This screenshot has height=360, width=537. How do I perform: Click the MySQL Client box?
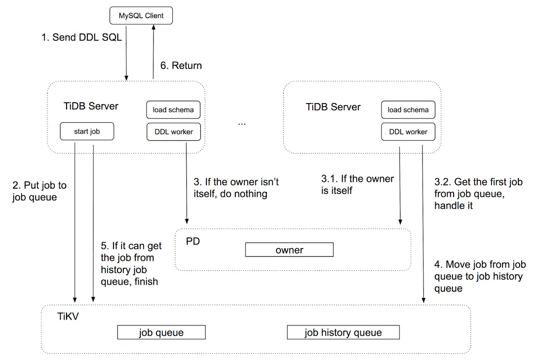pyautogui.click(x=141, y=16)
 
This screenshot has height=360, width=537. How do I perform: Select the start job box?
pyautogui.click(x=87, y=132)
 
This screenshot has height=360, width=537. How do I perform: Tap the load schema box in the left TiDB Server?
pyautogui.click(x=173, y=110)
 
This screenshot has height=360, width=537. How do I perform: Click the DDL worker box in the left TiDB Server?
pyautogui.click(x=173, y=132)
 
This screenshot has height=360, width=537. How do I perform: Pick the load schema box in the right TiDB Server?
pyautogui.click(x=408, y=110)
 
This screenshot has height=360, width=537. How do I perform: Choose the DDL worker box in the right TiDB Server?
pyautogui.click(x=408, y=132)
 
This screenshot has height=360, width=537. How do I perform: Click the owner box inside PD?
pyautogui.click(x=289, y=250)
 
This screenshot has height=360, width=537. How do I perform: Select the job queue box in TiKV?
pyautogui.click(x=161, y=332)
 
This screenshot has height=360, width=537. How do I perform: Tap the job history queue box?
pyautogui.click(x=343, y=332)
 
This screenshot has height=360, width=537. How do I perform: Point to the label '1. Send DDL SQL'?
pyautogui.click(x=81, y=37)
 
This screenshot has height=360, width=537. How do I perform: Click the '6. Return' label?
pyautogui.click(x=181, y=66)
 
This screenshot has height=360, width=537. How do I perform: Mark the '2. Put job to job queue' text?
pyautogui.click(x=39, y=191)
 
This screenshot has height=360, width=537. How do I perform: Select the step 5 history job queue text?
pyautogui.click(x=131, y=263)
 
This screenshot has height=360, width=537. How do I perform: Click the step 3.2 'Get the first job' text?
pyautogui.click(x=478, y=193)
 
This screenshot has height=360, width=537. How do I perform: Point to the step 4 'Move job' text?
pyautogui.click(x=480, y=276)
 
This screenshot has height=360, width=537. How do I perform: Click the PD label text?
pyautogui.click(x=192, y=242)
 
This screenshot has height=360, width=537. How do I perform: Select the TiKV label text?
pyautogui.click(x=68, y=316)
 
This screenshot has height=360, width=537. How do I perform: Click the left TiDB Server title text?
pyautogui.click(x=91, y=107)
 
